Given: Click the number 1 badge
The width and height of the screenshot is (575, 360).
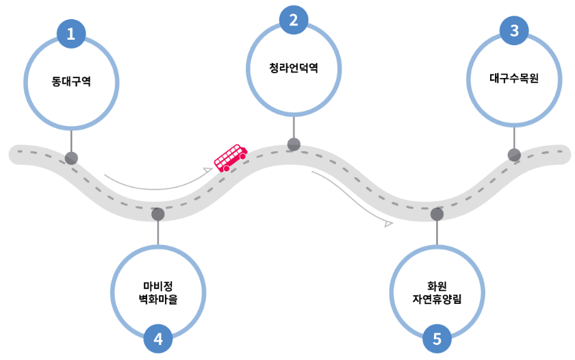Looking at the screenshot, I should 71,33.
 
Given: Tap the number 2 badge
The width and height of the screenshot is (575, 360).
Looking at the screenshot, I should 294,20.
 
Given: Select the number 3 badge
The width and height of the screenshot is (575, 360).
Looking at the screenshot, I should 514,30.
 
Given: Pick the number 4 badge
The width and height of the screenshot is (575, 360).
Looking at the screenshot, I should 158,338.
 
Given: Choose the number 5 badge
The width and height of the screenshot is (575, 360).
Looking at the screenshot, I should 437,338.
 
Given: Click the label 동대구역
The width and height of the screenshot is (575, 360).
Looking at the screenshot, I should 71,81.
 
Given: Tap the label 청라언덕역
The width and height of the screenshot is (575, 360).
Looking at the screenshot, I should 294,68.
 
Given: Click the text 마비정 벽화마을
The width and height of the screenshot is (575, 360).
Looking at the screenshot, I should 158,292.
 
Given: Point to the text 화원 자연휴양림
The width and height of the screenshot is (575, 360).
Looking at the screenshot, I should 437,292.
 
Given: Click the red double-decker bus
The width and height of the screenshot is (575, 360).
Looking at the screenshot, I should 230,158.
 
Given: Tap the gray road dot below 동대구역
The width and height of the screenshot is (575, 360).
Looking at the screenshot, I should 71,158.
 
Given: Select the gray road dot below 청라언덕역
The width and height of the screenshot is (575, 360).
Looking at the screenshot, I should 294,144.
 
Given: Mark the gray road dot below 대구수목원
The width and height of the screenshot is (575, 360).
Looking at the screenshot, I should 514,155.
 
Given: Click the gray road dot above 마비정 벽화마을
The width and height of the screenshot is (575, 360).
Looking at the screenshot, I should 158,214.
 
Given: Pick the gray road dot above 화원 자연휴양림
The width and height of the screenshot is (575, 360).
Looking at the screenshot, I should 437,214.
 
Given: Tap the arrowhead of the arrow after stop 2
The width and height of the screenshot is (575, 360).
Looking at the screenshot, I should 389,223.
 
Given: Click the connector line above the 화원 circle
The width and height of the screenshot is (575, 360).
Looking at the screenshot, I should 437,233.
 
